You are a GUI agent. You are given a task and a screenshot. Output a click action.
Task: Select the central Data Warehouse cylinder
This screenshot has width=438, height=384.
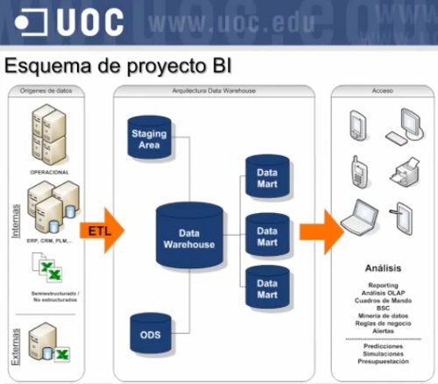click(189, 238)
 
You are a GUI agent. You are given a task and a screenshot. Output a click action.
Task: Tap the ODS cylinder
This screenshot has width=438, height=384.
click(148, 334)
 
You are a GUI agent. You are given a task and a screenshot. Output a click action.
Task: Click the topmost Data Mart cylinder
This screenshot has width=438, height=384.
click(266, 179)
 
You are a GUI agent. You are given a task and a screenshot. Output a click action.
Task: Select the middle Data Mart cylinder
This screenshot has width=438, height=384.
click(266, 235)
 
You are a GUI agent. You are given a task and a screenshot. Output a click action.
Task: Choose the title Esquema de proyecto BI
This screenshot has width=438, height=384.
click(119, 67)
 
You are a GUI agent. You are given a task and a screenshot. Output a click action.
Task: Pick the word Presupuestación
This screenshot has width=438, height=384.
click(384, 360)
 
